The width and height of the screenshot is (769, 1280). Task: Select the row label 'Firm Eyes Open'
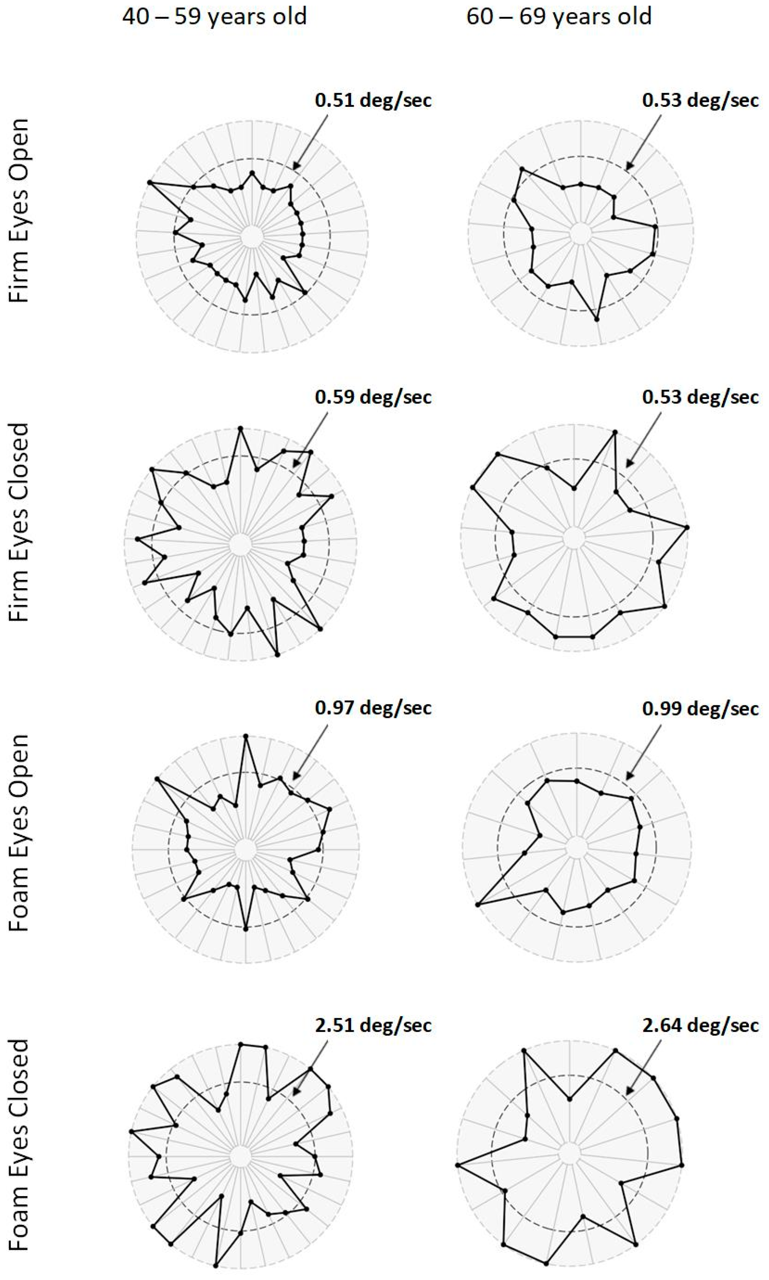[19, 211]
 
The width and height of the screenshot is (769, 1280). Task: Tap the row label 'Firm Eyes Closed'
[19, 522]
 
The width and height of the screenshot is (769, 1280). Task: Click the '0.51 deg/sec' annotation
[373, 100]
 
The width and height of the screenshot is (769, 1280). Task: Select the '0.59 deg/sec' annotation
[373, 397]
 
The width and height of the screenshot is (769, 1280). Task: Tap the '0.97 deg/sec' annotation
[373, 708]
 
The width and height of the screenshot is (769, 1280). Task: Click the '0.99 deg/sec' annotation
[701, 708]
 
